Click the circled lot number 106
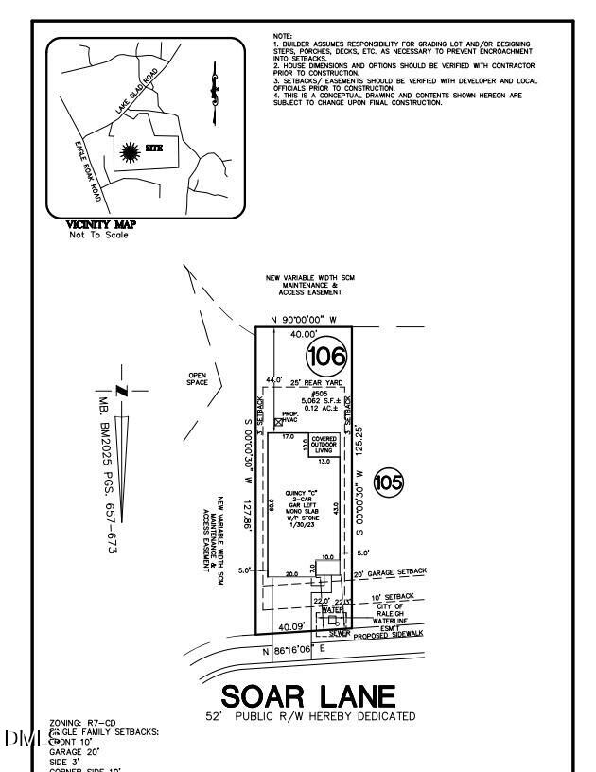(x=327, y=358)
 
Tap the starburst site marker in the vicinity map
(x=130, y=149)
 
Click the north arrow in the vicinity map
(x=215, y=90)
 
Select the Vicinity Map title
(x=101, y=224)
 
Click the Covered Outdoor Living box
(x=324, y=445)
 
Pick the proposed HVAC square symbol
(x=278, y=423)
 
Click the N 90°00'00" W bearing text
(x=304, y=320)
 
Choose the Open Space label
(x=197, y=377)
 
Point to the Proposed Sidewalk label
(x=386, y=637)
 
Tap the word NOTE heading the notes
(x=281, y=35)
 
